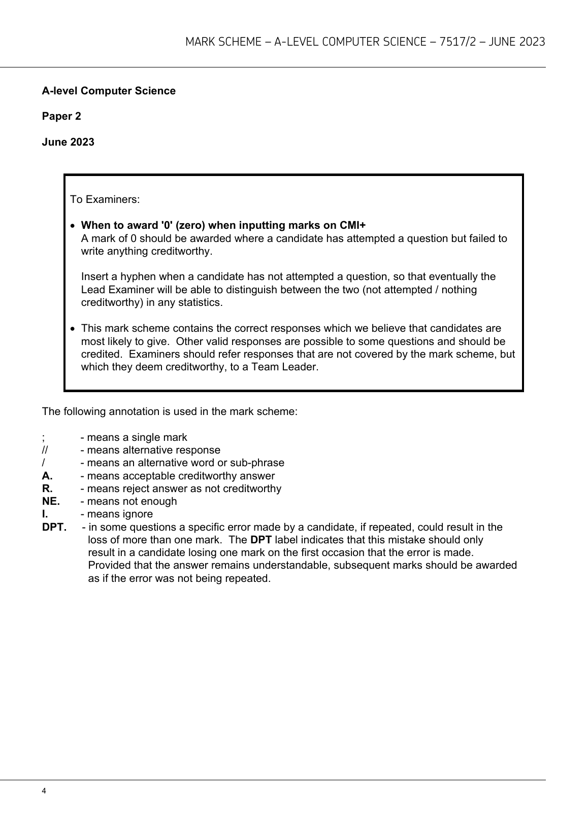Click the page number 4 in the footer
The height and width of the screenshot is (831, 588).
click(x=44, y=791)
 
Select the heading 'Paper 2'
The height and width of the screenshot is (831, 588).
click(x=61, y=116)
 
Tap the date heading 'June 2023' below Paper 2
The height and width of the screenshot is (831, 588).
click(x=68, y=142)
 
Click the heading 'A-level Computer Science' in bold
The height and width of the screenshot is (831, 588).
click(x=109, y=91)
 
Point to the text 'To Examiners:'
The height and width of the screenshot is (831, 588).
click(x=105, y=199)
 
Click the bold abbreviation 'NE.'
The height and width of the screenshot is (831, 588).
click(x=51, y=501)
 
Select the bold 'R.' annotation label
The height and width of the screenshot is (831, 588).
click(x=47, y=489)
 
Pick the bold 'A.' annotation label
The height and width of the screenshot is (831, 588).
click(x=47, y=476)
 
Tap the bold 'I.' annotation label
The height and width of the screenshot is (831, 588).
click(x=45, y=514)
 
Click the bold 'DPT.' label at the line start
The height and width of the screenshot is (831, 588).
click(x=54, y=527)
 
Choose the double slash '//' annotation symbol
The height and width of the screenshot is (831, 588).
click(x=45, y=450)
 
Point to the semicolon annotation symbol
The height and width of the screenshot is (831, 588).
click(x=44, y=437)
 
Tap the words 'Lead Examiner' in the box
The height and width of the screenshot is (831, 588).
click(x=115, y=290)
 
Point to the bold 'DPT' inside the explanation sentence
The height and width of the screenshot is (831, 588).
click(x=261, y=540)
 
